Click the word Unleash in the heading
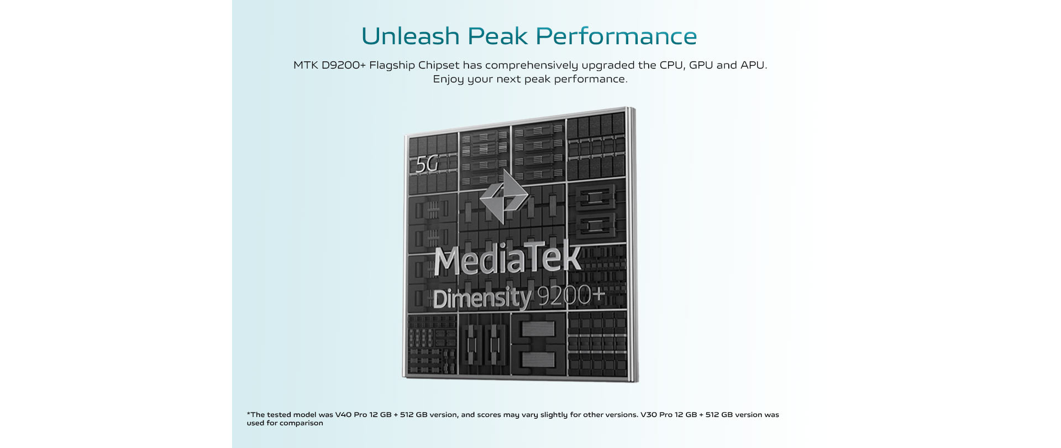point(410,37)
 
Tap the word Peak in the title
point(497,37)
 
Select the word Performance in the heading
point(616,37)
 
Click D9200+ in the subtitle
point(344,65)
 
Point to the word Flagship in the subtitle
point(392,66)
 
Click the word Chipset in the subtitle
point(439,65)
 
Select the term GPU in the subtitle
point(701,65)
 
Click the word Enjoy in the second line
point(448,80)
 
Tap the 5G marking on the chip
point(427,164)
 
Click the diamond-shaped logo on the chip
point(503,197)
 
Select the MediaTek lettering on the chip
point(507,259)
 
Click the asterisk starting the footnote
point(249,414)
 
